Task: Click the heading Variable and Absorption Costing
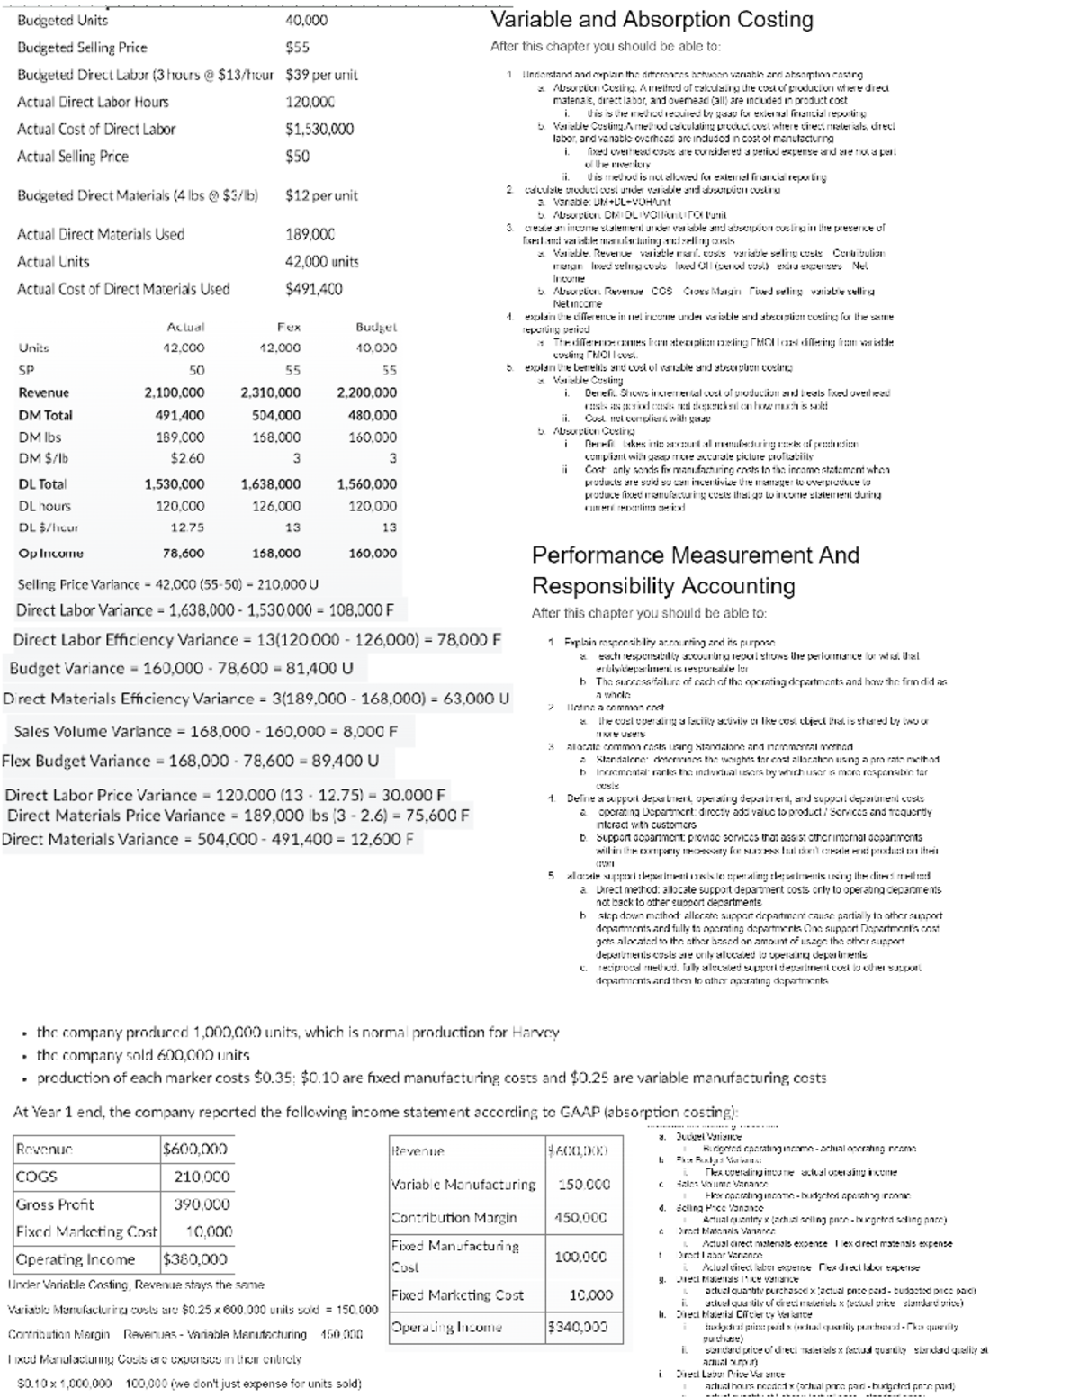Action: [651, 20]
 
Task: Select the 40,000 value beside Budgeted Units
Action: [306, 20]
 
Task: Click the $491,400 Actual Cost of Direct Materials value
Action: [313, 289]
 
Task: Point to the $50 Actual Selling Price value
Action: [297, 157]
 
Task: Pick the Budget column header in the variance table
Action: [377, 328]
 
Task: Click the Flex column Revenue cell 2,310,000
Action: [271, 392]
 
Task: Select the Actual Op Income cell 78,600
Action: [184, 554]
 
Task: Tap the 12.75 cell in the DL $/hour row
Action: [190, 528]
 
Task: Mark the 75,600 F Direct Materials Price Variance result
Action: [430, 816]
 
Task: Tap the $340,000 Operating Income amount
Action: [578, 1327]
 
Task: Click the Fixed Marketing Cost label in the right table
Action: [457, 1295]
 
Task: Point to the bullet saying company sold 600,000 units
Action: [143, 1055]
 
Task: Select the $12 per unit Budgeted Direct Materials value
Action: [321, 195]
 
